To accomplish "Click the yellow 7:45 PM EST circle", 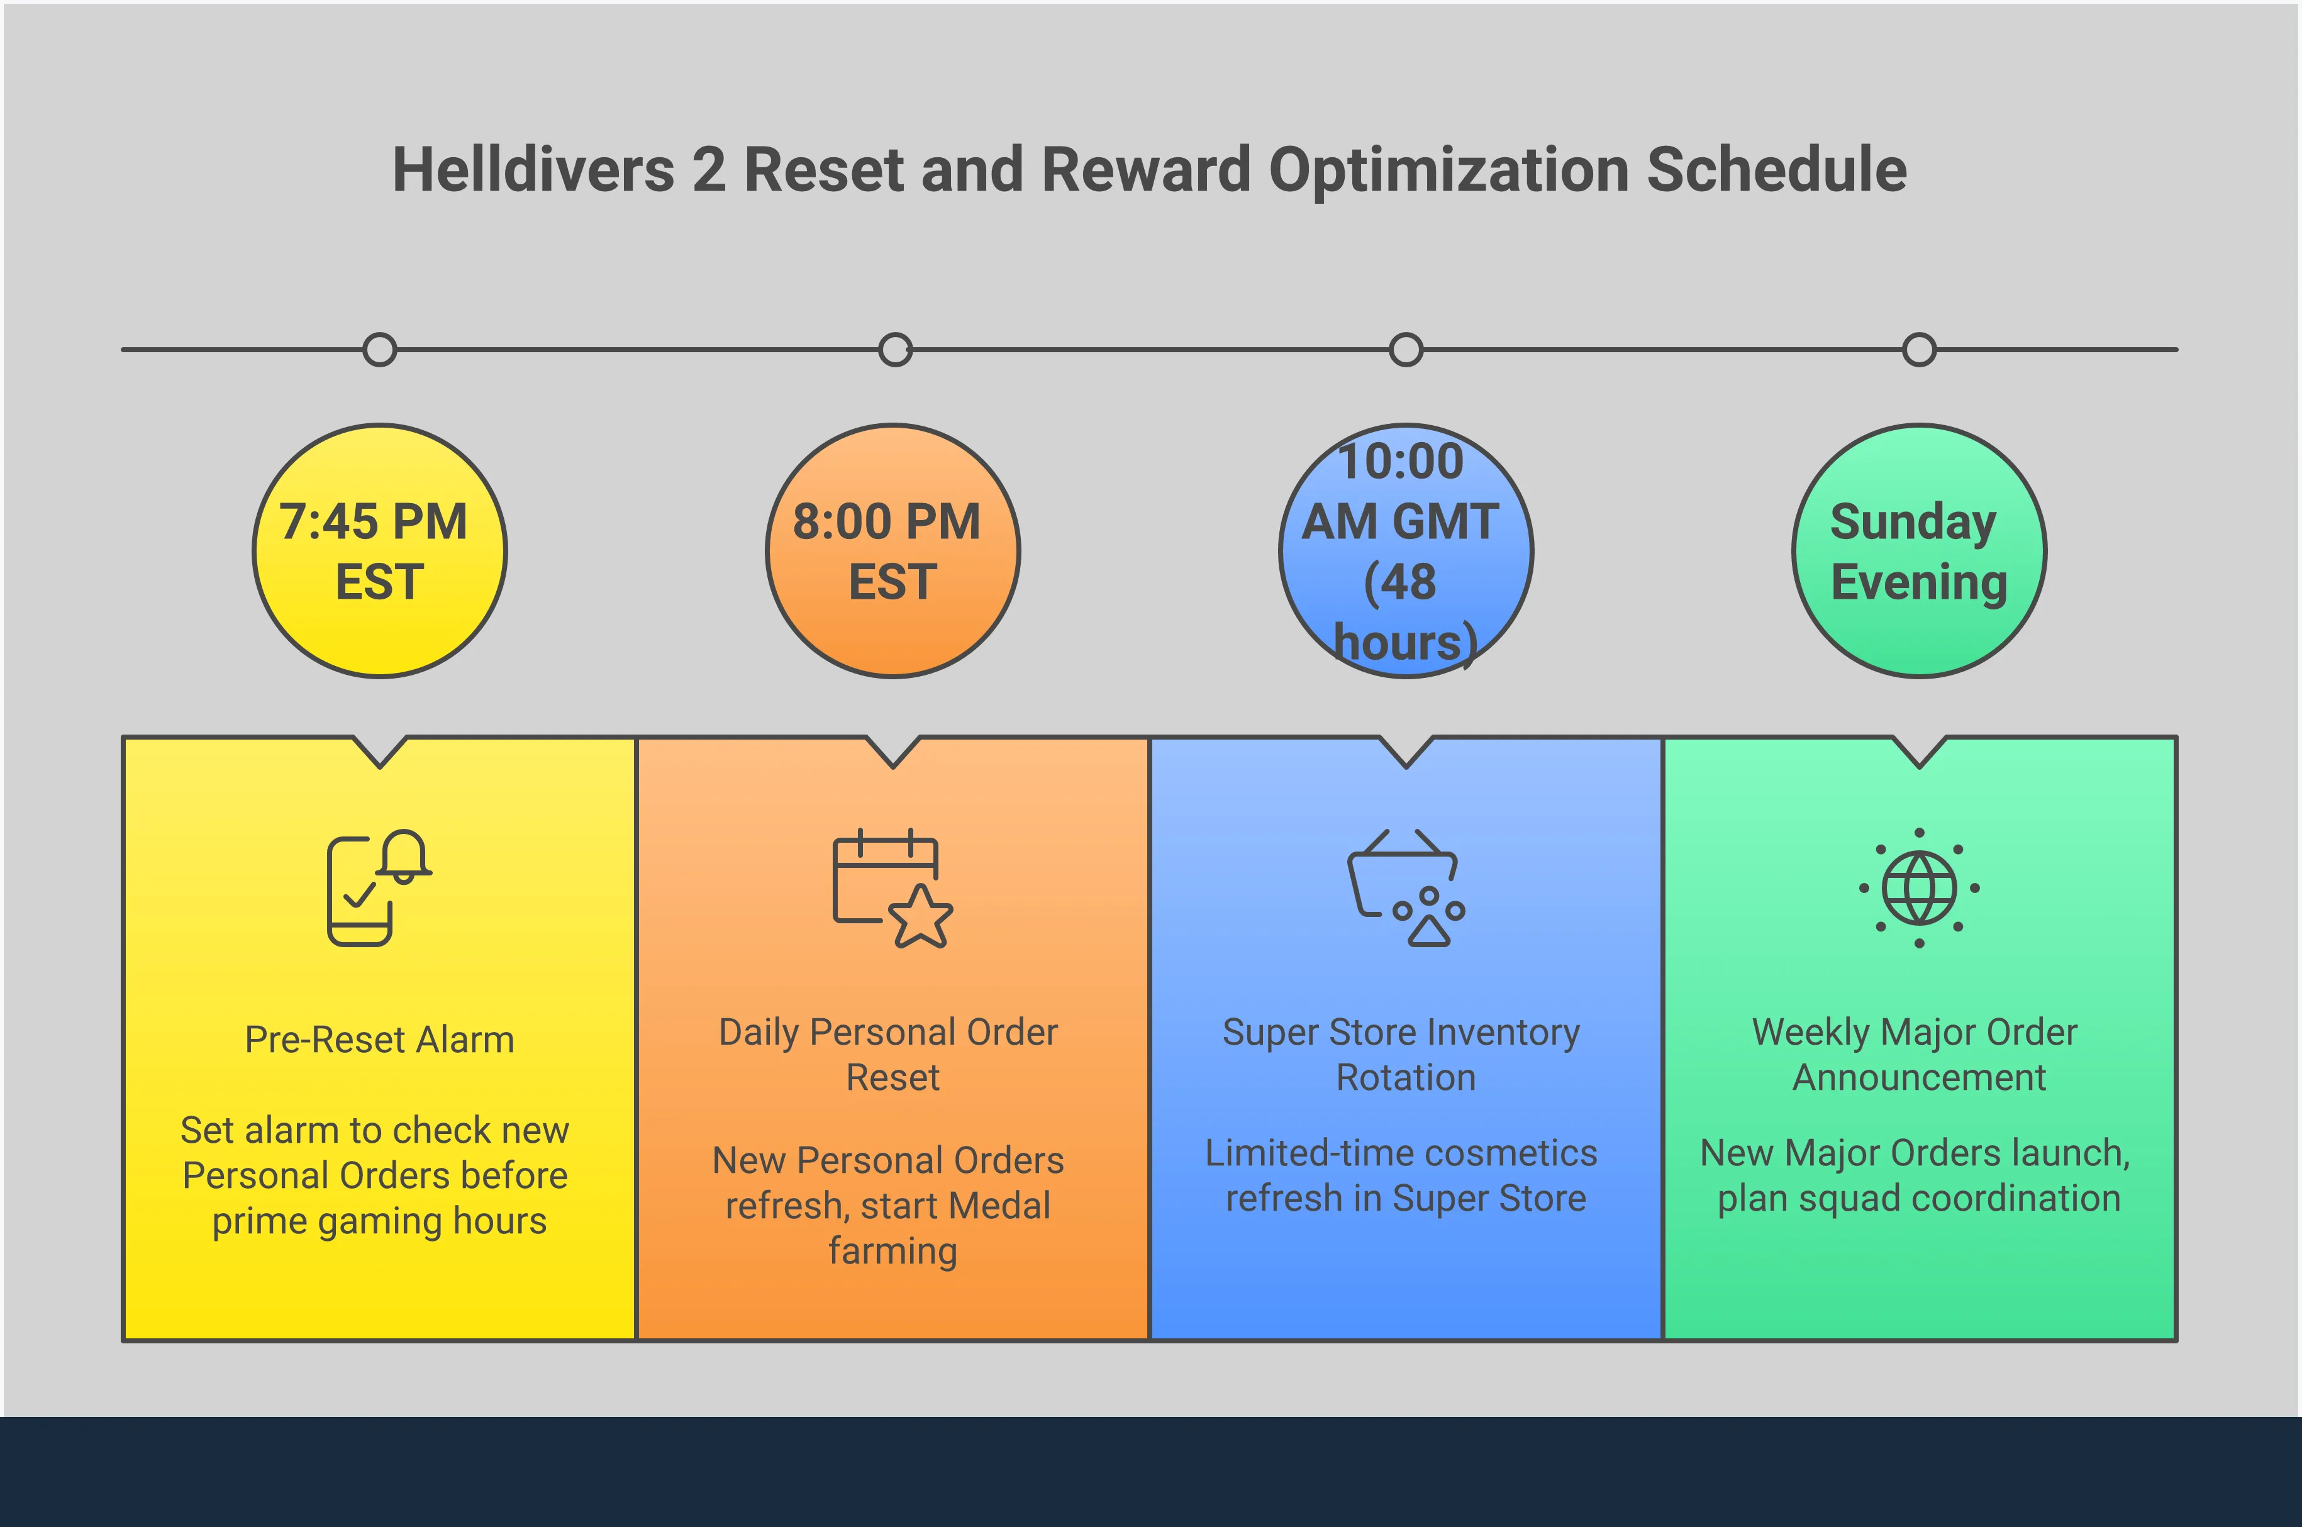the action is pos(380,551).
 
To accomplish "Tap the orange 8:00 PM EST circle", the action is pos(893,551).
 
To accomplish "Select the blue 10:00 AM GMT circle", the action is pos(1406,551).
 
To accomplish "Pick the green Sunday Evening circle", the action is pos(1920,551).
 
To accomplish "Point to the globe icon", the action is pos(1920,887).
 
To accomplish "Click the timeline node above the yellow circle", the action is pos(380,350).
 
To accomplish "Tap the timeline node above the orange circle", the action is pos(895,350).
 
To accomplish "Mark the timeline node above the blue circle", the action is pos(1406,350).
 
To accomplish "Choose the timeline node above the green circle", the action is pos(1920,350).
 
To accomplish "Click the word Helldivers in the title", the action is pos(533,169).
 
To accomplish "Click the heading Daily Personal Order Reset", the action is pos(890,1055).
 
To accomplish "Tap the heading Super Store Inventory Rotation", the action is pos(1402,1055).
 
